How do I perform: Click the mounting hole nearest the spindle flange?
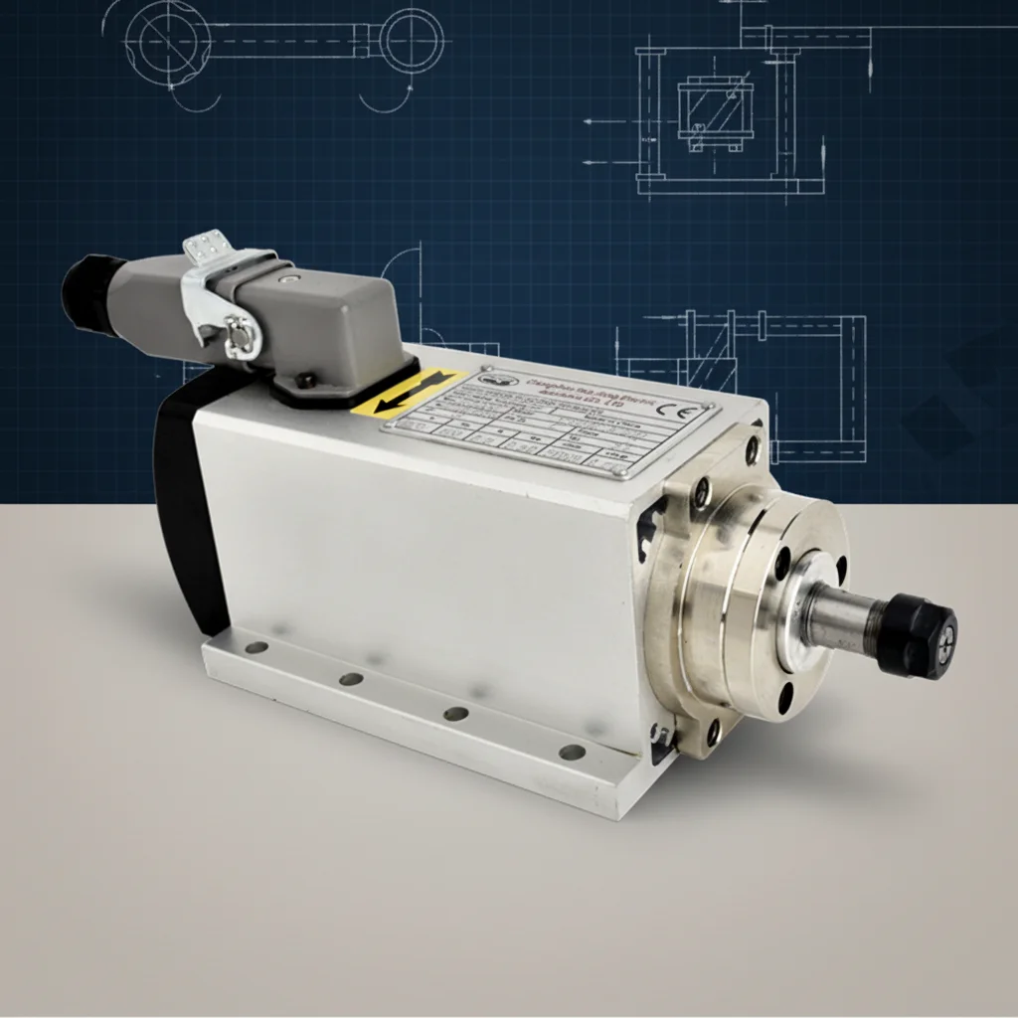point(572,752)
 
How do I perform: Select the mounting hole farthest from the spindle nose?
point(256,647)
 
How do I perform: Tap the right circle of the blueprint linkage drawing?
point(411,41)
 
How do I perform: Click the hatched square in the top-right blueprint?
point(715,109)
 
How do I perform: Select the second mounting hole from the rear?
point(351,679)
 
